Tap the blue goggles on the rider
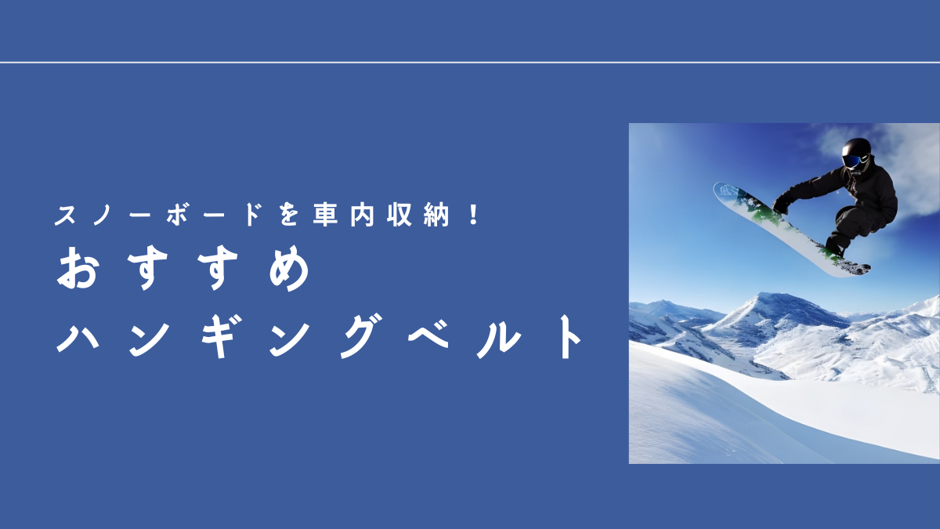tap(851, 161)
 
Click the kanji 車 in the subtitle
tap(325, 215)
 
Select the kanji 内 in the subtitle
tap(362, 215)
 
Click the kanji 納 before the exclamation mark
tap(436, 215)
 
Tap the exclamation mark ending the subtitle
tap(474, 215)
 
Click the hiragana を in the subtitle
tap(289, 215)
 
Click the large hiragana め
tap(290, 269)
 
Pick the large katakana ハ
tap(78, 337)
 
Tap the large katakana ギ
tap(219, 336)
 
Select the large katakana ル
tap(500, 337)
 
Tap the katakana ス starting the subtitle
tap(66, 215)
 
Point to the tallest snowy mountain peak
tap(768, 295)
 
